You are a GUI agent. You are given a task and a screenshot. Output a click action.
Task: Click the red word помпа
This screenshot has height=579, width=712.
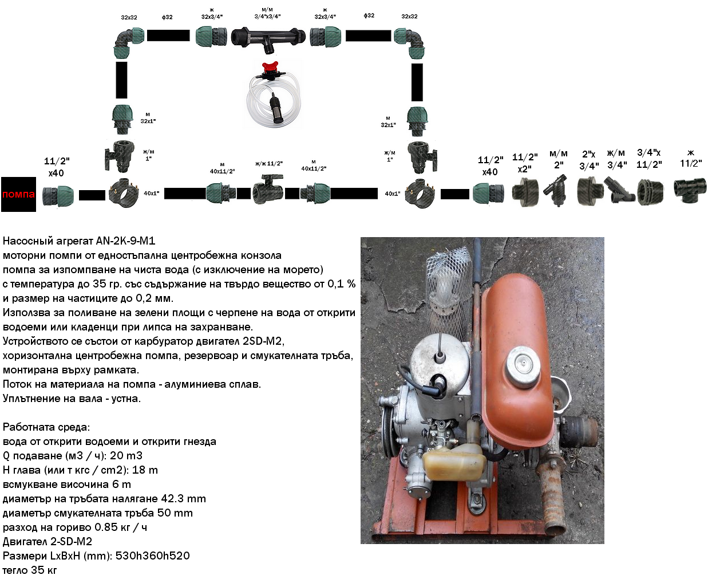18,194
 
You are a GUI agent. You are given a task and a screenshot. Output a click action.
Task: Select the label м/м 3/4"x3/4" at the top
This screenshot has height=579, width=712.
267,13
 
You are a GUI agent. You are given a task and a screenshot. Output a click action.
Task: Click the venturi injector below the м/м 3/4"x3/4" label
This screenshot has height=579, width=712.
268,39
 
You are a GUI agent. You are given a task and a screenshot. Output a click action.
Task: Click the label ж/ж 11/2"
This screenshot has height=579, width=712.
269,164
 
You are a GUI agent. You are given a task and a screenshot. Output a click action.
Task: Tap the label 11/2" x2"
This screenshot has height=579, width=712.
525,163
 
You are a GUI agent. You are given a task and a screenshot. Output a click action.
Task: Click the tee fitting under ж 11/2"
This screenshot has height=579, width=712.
690,190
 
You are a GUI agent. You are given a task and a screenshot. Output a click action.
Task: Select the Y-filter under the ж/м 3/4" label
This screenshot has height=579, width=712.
619,190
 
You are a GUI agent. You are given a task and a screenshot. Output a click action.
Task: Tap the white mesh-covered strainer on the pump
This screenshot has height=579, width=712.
449,291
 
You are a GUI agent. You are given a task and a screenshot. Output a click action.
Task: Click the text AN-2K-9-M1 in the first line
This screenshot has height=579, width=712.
126,241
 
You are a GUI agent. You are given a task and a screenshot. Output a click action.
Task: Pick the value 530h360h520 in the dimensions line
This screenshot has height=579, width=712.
152,556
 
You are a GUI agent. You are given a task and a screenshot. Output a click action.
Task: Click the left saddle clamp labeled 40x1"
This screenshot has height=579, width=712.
123,193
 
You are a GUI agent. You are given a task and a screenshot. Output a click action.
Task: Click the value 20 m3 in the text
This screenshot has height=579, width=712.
126,455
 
